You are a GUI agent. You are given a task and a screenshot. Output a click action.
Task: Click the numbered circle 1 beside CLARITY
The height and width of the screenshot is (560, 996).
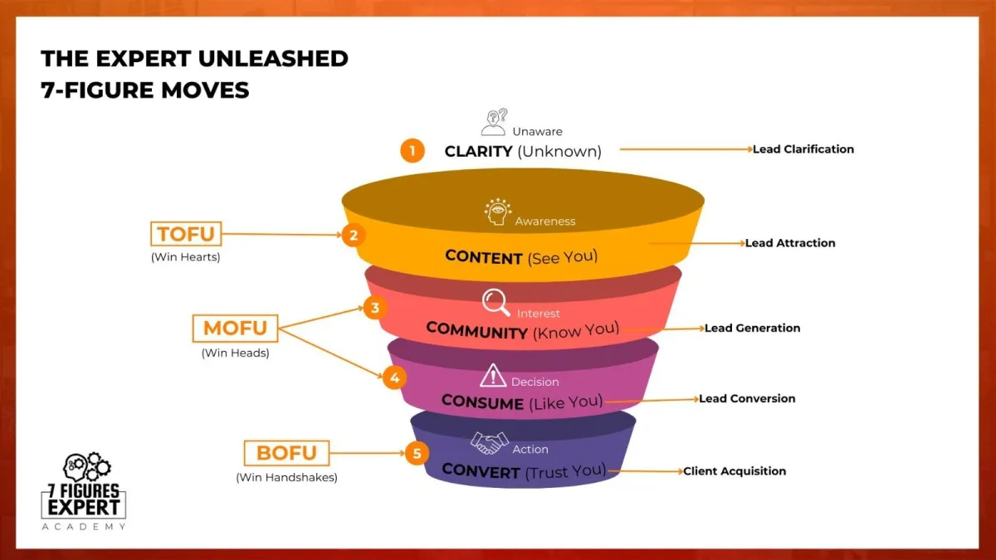click(413, 151)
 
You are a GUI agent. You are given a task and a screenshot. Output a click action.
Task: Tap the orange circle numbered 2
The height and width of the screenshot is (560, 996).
click(354, 235)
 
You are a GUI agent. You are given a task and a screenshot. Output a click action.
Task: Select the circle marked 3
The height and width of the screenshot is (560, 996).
click(375, 308)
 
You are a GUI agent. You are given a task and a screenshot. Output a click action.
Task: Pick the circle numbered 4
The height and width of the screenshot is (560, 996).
click(394, 377)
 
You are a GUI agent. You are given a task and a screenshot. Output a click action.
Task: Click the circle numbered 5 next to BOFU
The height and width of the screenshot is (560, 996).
click(417, 453)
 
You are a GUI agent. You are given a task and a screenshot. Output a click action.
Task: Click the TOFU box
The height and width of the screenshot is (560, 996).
click(186, 234)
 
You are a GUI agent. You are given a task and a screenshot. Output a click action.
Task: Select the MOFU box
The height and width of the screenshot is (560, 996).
click(235, 329)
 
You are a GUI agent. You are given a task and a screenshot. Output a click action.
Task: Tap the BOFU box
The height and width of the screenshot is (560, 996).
click(287, 453)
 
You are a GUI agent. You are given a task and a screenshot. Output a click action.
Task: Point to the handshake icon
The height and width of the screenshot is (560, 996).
click(489, 443)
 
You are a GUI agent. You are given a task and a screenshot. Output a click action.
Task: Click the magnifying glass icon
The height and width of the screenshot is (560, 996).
click(496, 303)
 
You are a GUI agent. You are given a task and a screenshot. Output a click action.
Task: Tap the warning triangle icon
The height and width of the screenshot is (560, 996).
click(493, 376)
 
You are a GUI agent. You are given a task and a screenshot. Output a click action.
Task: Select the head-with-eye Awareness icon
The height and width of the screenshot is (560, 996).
click(497, 212)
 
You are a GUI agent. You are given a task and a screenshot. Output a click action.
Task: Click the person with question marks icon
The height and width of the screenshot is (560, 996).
click(495, 122)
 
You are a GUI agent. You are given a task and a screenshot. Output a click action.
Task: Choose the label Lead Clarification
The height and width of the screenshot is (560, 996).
click(803, 149)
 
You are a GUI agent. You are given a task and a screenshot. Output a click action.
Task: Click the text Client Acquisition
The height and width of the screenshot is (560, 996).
click(735, 471)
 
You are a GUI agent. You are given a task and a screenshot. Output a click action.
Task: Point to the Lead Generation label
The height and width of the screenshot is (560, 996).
click(752, 328)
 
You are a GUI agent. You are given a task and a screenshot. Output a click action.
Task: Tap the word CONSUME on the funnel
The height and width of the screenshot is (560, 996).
click(482, 402)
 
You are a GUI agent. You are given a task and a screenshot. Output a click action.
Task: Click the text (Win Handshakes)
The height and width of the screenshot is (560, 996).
click(287, 477)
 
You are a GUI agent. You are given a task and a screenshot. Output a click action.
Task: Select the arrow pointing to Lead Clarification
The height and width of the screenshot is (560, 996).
click(686, 149)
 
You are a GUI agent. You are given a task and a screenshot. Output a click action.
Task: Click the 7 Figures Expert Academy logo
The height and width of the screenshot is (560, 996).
click(84, 491)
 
